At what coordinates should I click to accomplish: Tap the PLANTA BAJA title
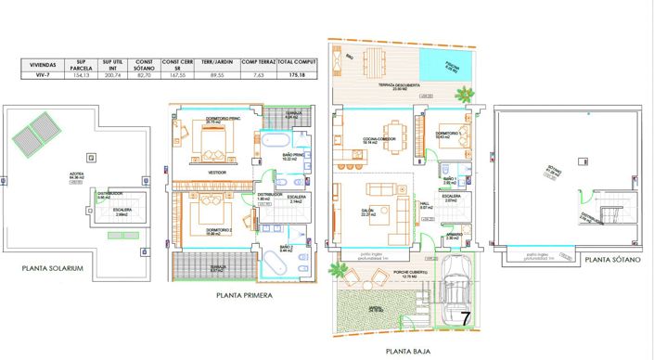[407, 352]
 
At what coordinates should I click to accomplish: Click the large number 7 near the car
[467, 316]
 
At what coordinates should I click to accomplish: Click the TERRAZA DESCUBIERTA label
[400, 84]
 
